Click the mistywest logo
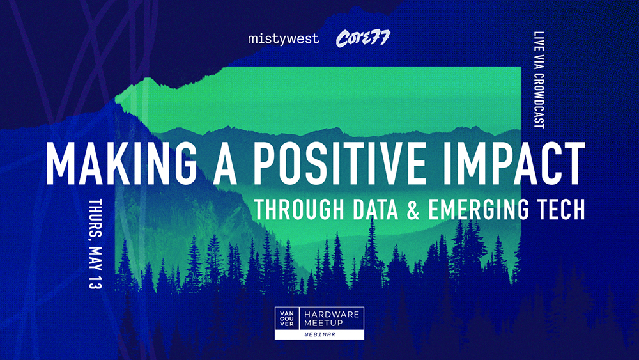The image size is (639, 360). (x=284, y=39)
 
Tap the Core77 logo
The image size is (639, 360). (x=363, y=38)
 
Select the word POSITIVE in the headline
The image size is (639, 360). (x=340, y=164)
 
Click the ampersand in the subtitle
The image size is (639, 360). (x=413, y=210)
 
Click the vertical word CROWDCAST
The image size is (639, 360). (x=539, y=100)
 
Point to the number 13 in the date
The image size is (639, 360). (x=95, y=281)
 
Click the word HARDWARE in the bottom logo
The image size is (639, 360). (x=332, y=315)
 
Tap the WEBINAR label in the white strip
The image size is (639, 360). (x=320, y=334)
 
